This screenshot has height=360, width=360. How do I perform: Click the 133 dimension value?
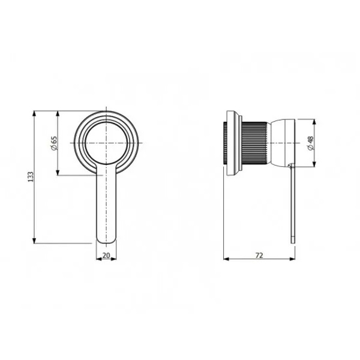coord(31,176)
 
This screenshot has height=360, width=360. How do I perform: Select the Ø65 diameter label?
coord(53,143)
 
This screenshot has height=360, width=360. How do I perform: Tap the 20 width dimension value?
coord(106,256)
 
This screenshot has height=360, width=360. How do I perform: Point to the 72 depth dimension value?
coord(259,256)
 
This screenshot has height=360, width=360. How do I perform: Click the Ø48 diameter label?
coord(310,143)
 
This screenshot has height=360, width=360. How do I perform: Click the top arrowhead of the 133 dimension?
coord(34,113)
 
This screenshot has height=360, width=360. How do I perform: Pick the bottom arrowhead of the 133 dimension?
coord(34,241)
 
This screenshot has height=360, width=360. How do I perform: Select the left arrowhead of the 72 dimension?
coord(226,259)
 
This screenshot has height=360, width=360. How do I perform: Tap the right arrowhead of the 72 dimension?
coord(292,259)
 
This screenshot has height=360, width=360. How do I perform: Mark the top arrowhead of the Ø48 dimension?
coord(315,122)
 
